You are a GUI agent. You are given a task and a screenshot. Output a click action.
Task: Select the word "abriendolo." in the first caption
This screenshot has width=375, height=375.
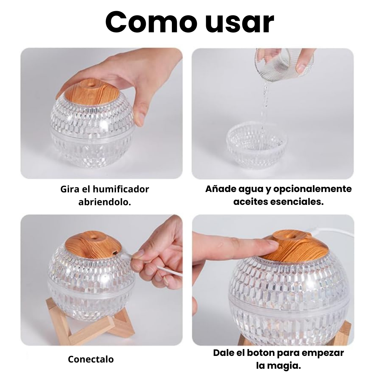tap(105, 202)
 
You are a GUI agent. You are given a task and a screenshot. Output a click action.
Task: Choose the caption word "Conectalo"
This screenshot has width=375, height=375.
tap(91, 359)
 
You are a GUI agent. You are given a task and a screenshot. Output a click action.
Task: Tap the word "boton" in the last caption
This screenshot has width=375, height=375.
tap(265, 353)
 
